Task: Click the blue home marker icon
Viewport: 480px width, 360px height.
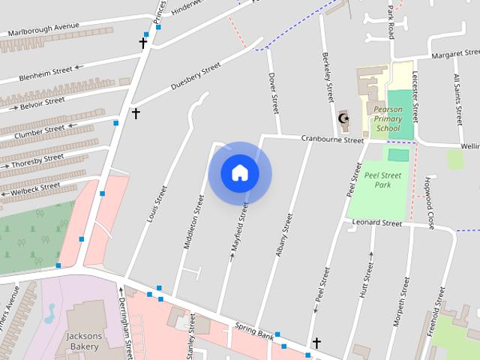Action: [240, 173]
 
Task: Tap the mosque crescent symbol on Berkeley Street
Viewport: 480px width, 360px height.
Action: [344, 118]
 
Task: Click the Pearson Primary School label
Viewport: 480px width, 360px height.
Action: [388, 118]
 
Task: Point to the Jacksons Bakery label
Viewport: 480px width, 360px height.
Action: [82, 341]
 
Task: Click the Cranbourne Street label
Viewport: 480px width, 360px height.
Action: [332, 139]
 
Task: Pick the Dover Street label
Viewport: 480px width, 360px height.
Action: [274, 93]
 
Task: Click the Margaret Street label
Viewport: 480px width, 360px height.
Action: [455, 55]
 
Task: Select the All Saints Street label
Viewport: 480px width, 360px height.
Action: [457, 99]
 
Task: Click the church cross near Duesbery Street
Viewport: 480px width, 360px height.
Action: [136, 113]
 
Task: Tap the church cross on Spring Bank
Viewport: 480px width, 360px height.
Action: [316, 343]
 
